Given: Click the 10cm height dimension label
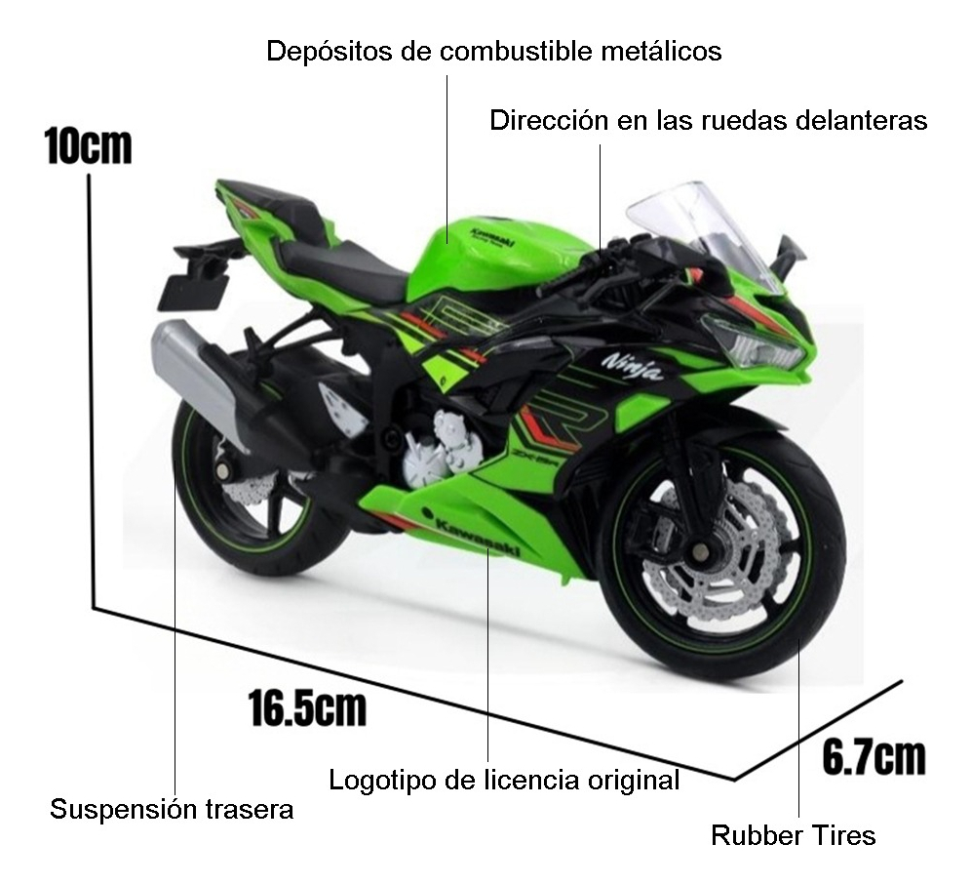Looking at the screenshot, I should point(88,146).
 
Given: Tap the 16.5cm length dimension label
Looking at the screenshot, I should point(306,707).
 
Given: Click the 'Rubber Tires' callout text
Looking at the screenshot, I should point(793,836).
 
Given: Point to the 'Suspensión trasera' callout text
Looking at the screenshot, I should point(172,810).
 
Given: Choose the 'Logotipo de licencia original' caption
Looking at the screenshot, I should point(503,781).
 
